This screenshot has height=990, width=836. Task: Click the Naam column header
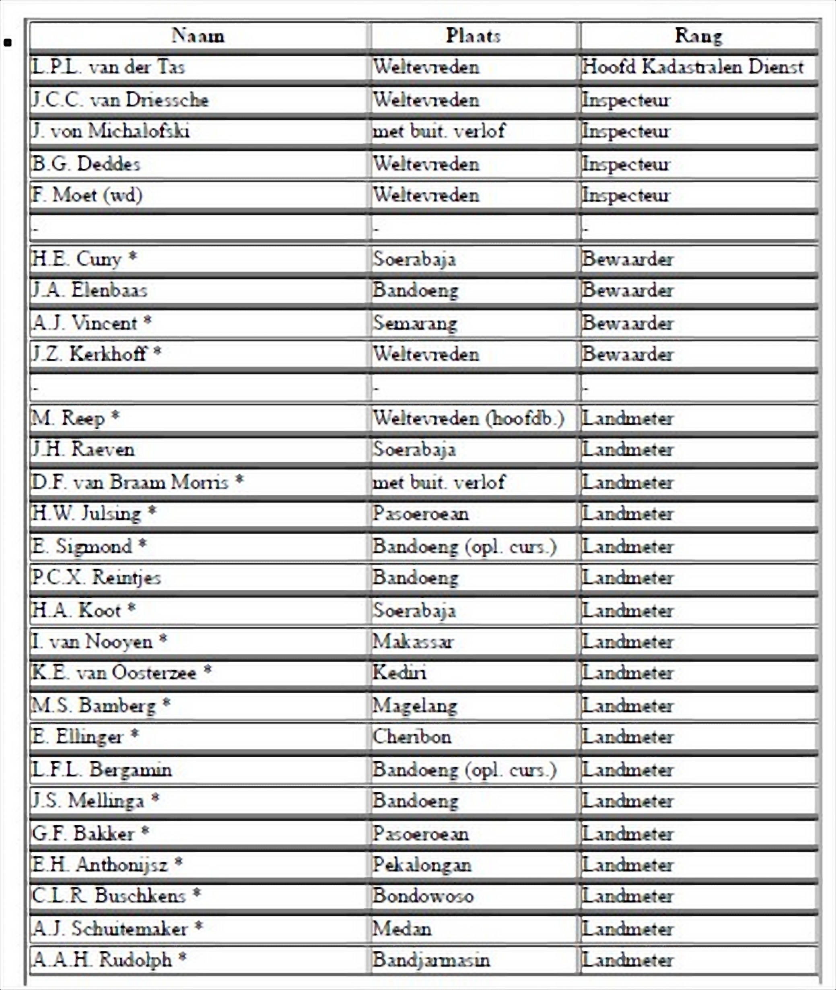(198, 35)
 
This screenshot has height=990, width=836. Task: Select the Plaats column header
(473, 35)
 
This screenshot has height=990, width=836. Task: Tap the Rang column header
(698, 35)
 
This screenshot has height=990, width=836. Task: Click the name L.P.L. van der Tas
(109, 67)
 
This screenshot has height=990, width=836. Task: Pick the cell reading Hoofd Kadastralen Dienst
(692, 67)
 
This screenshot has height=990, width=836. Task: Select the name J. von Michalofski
(111, 131)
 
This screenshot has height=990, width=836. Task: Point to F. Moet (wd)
(88, 195)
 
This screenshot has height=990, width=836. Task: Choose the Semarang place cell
(415, 323)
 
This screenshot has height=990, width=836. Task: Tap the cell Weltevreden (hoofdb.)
(468, 418)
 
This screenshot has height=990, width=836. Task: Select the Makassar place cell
(413, 641)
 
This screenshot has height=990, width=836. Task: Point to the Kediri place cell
(399, 672)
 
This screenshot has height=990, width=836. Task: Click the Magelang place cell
(415, 705)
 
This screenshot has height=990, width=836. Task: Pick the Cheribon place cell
(412, 736)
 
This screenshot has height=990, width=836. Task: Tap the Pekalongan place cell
(422, 865)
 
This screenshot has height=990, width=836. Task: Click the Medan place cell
(402, 928)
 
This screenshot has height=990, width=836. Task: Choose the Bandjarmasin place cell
(431, 960)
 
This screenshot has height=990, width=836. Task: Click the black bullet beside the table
(7, 43)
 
